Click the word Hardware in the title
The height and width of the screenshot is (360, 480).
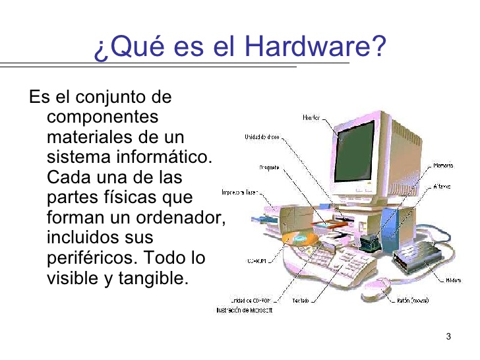pos(309,47)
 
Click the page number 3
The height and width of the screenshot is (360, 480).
pos(448,338)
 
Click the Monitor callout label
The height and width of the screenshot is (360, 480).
pos(311,117)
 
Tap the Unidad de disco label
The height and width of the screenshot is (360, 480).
pos(262,138)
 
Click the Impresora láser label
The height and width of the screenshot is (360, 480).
pos(238,194)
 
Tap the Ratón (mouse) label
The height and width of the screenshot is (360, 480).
pos(413,301)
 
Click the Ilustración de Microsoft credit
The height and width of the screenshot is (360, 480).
pos(244,310)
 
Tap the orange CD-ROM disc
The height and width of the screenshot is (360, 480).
pos(295,239)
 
